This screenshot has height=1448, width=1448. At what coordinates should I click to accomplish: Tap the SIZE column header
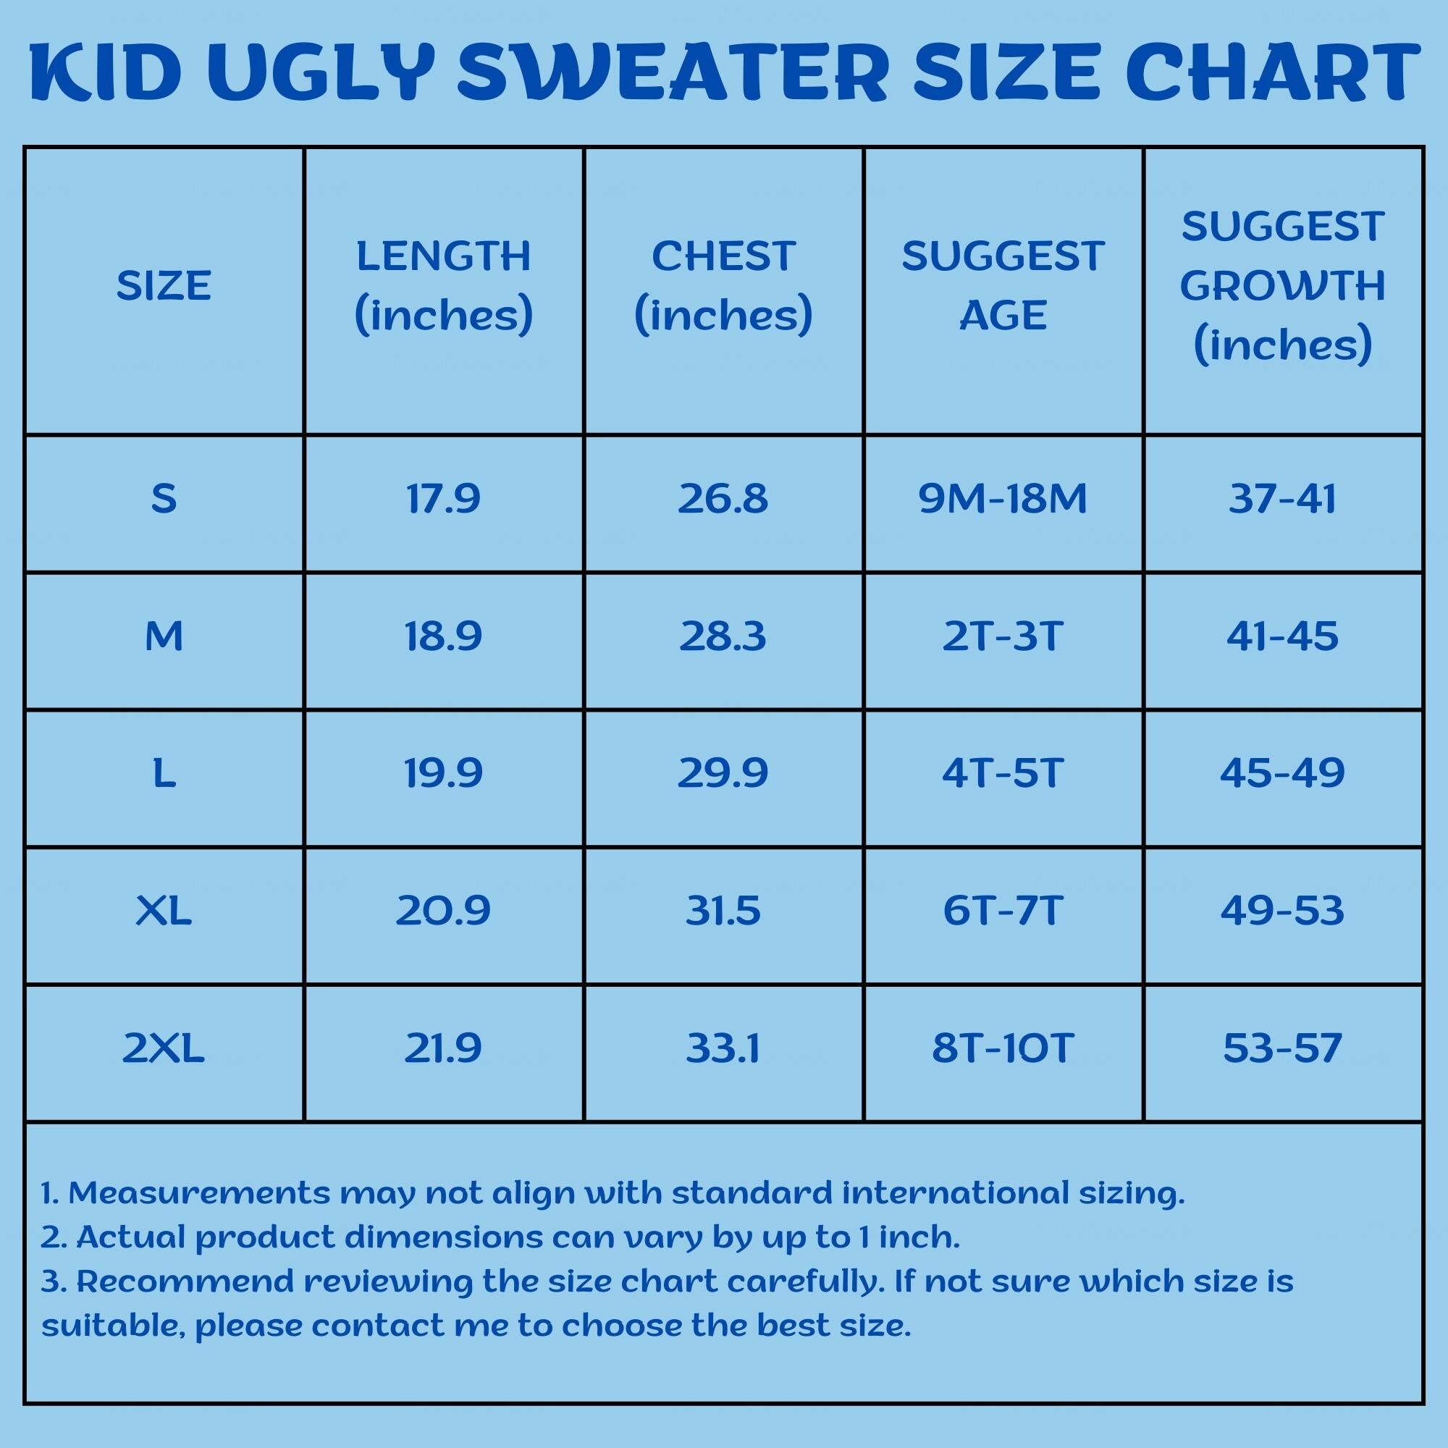click(x=164, y=285)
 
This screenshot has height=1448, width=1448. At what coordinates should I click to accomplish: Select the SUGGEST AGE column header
click(x=1003, y=285)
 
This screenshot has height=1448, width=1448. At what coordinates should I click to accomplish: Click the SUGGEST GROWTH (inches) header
click(x=1282, y=285)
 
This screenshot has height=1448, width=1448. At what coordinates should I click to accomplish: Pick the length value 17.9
click(x=443, y=498)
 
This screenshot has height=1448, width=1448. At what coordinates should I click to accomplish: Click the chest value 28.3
click(x=723, y=636)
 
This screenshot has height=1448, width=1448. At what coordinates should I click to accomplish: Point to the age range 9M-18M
click(x=1003, y=498)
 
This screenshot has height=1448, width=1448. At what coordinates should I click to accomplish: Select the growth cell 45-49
click(x=1282, y=773)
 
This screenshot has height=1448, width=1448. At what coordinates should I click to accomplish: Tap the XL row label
click(x=164, y=911)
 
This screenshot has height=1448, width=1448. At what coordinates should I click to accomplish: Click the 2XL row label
click(x=164, y=1048)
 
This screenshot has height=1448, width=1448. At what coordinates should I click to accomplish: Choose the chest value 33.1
click(x=723, y=1048)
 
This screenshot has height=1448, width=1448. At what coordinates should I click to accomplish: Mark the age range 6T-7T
click(x=1003, y=911)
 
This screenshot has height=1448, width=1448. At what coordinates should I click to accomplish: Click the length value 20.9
click(x=443, y=911)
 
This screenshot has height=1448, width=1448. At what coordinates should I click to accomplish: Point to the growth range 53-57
click(x=1282, y=1048)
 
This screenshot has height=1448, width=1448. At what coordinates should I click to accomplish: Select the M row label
click(x=164, y=636)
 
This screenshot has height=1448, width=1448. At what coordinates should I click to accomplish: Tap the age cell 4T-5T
click(x=1003, y=773)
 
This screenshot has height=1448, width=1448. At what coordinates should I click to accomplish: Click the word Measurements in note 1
click(x=198, y=1193)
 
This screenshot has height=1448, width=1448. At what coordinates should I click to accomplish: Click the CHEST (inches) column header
click(x=723, y=285)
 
